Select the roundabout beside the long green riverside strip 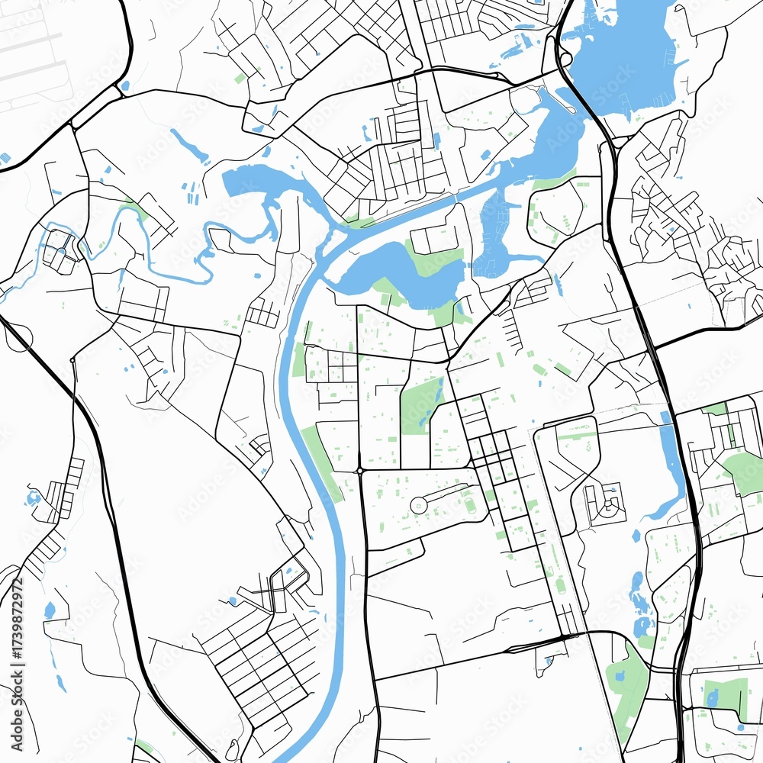pos(359,470)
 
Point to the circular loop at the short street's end pos(419,504)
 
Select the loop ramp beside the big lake pos(565,58)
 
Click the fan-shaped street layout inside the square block pos(605,504)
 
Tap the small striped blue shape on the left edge pos(6,159)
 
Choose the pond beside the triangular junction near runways pos(125,85)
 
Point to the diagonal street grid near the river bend pos(259,664)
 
